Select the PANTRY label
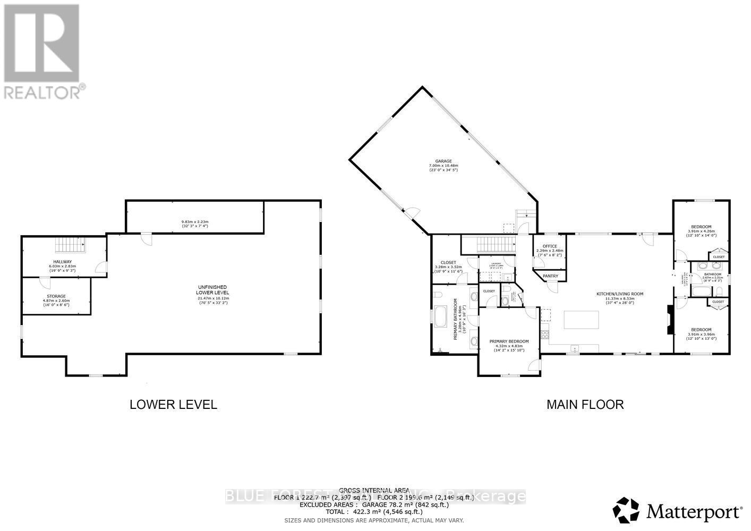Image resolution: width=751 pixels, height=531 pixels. [550, 276]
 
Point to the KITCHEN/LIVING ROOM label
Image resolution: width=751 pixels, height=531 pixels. [620, 294]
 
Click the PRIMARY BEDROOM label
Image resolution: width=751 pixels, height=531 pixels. [509, 341]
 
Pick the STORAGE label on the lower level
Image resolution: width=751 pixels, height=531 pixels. [56, 296]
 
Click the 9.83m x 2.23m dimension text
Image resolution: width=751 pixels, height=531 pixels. [194, 221]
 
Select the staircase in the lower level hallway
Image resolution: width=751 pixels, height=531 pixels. [67, 246]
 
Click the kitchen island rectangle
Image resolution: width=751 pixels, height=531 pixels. [581, 320]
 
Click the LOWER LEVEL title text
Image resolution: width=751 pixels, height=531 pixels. [173, 405]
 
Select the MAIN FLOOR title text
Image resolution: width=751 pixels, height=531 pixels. [585, 405]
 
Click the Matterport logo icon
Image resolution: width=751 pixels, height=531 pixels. [627, 510]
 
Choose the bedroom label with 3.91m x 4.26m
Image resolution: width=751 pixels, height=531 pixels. [700, 227]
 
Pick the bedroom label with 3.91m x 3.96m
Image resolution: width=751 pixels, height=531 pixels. [701, 330]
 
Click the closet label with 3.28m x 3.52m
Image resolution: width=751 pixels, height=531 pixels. [449, 262]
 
